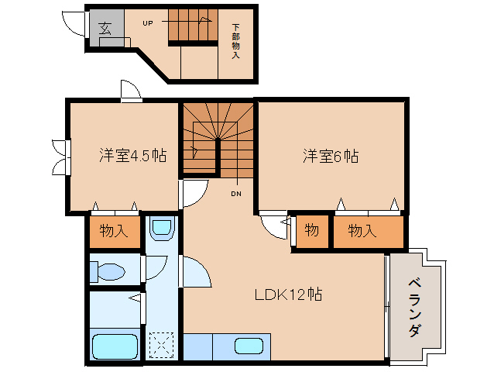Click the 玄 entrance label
(105, 29)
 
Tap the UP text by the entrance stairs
(147, 22)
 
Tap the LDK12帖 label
(288, 294)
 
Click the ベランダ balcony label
(415, 307)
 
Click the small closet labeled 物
(312, 231)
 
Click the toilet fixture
(107, 271)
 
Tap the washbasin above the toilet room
(160, 229)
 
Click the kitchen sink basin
(248, 346)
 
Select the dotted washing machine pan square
(162, 344)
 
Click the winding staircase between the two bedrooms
(218, 139)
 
